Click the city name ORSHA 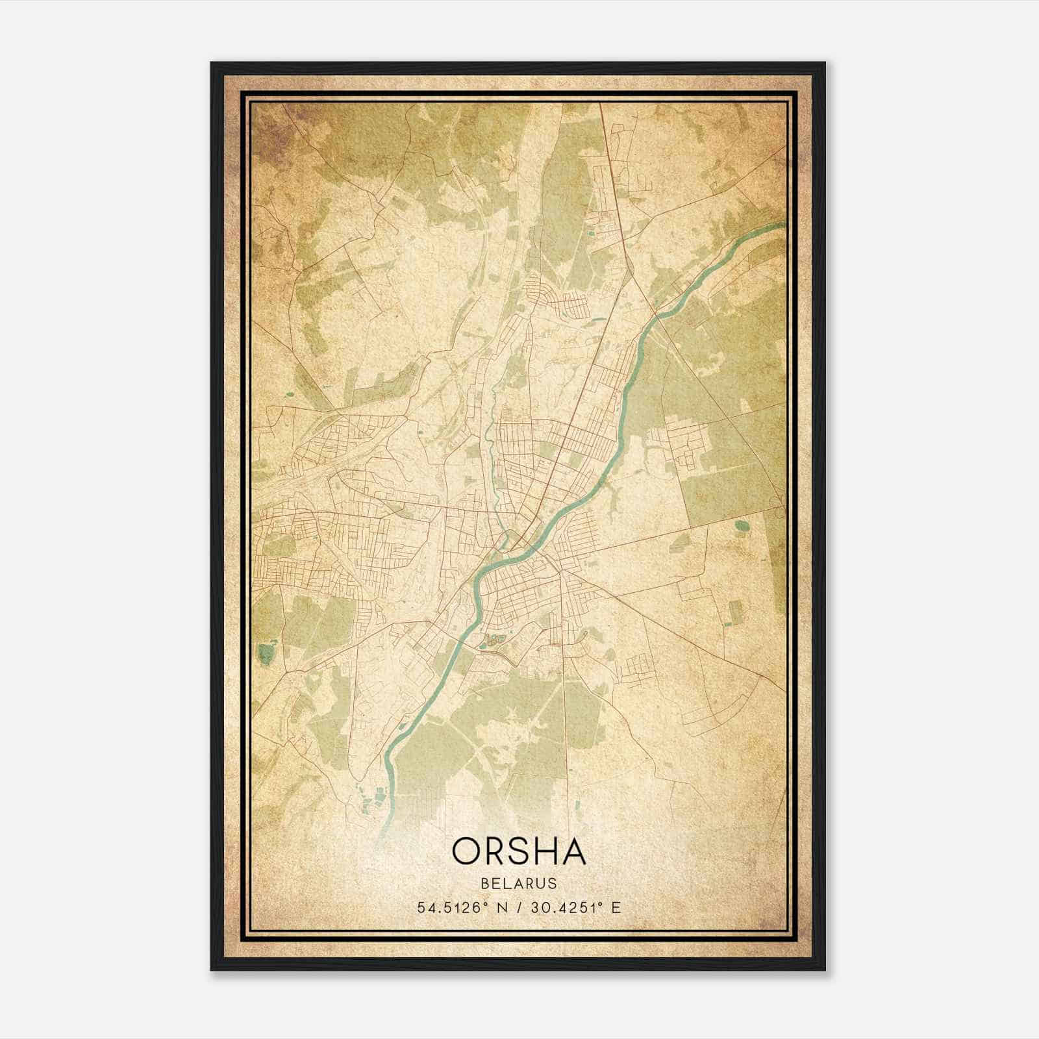pos(519,851)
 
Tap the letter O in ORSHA pos(468,851)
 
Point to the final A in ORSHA pos(572,851)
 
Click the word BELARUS pos(519,883)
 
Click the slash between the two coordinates pos(518,907)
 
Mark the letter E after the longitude pos(616,907)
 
